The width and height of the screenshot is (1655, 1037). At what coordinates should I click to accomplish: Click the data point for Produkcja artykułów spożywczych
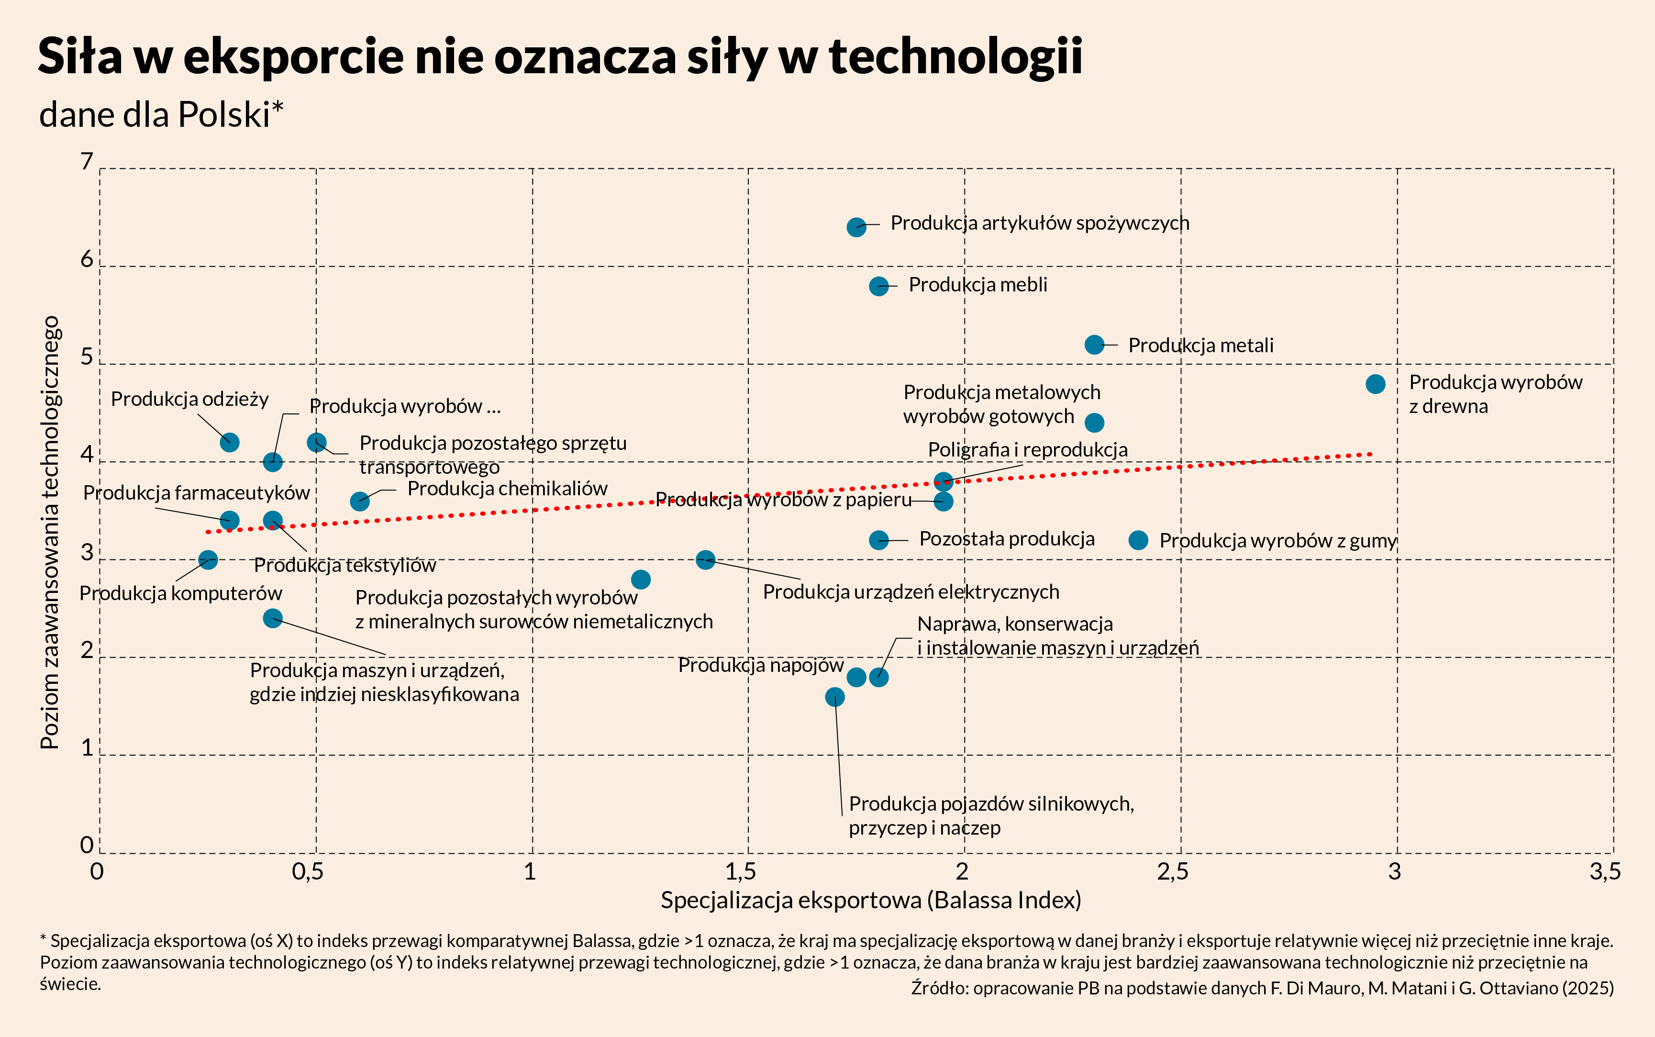click(855, 227)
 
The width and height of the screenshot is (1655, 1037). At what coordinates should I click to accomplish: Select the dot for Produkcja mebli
click(878, 286)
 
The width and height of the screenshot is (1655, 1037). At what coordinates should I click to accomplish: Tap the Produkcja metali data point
click(1094, 344)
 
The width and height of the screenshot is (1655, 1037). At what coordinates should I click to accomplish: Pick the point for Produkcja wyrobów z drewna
click(1375, 384)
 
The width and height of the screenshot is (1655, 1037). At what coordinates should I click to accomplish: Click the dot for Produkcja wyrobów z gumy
click(1138, 540)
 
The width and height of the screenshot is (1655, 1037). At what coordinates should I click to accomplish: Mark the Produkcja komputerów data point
click(208, 559)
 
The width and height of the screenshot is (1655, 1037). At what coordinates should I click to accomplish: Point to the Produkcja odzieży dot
click(230, 442)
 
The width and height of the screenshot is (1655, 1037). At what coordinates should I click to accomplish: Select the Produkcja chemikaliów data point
click(359, 502)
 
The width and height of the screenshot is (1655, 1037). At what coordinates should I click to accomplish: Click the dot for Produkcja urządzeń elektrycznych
click(705, 559)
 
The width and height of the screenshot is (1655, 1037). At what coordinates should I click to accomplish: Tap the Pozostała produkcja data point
click(878, 540)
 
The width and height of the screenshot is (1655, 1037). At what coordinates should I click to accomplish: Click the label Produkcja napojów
click(760, 665)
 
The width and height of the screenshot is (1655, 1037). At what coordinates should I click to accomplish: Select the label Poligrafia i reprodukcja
click(1027, 450)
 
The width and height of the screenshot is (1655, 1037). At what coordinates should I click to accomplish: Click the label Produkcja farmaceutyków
click(196, 493)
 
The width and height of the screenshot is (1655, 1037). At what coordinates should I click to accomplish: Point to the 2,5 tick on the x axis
click(1172, 872)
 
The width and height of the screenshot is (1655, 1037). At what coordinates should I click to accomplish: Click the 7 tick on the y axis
click(87, 162)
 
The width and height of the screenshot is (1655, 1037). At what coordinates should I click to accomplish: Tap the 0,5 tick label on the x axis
click(307, 872)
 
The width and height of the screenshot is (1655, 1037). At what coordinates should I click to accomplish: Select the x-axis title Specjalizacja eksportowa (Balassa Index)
click(871, 900)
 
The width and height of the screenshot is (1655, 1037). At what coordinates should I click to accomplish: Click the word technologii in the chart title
click(955, 56)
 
